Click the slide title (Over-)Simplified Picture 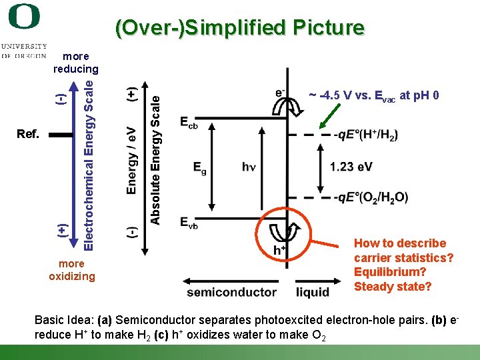240,27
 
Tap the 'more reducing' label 75,63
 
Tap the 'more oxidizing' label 72,270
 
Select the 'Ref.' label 28,134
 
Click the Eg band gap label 200,167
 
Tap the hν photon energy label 249,167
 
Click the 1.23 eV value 351,167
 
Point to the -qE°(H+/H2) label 367,135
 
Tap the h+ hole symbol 280,249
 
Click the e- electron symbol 280,92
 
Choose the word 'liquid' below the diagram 313,292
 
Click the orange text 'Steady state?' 393,287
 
